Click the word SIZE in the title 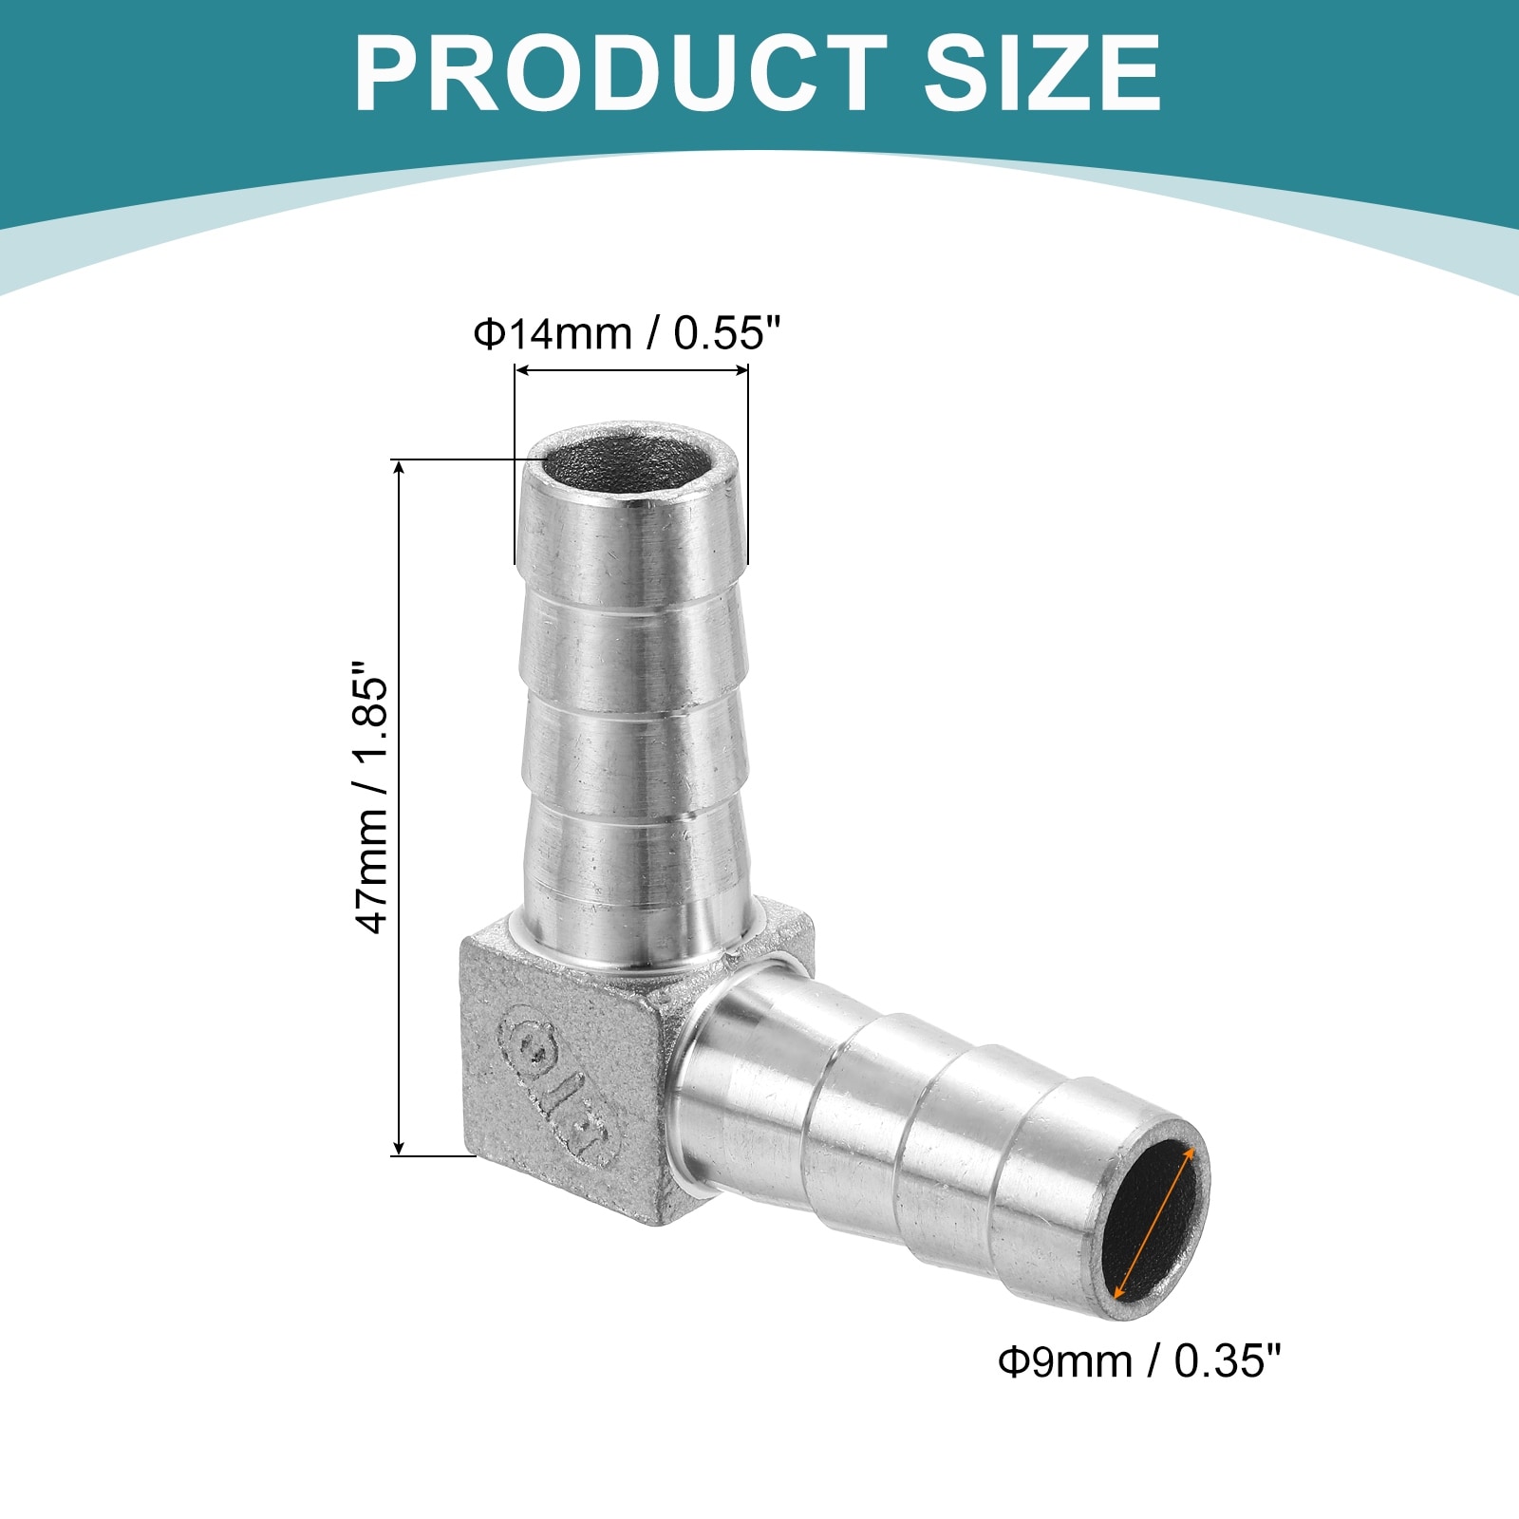[1042, 73]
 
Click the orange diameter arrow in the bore [1153, 1221]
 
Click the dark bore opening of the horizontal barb [1154, 1222]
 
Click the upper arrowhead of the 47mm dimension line [400, 470]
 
